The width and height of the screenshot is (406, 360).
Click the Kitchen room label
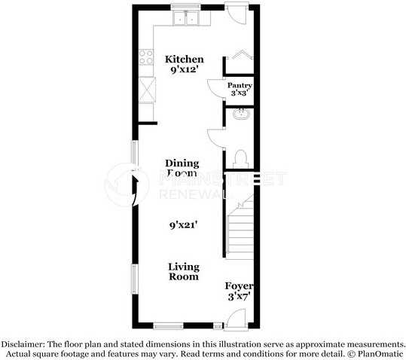184,59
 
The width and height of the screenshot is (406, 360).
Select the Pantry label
240,86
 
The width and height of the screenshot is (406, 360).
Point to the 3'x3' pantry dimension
240,94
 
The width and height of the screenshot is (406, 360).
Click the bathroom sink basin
242,114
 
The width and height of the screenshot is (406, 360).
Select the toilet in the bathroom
241,157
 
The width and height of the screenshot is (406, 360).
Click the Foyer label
239,287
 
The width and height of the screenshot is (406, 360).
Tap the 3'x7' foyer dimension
239,297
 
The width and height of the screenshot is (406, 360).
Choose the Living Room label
184,272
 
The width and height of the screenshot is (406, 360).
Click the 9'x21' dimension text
184,224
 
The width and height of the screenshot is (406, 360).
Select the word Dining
183,163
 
